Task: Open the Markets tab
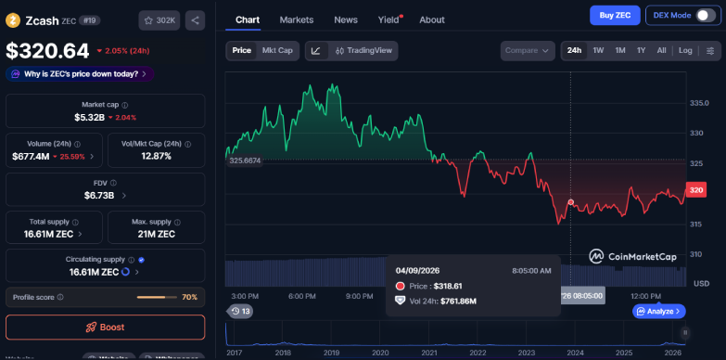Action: (x=296, y=19)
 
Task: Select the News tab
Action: (x=346, y=19)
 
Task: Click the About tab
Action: (x=431, y=19)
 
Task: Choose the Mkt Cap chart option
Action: (x=277, y=51)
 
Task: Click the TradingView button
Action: (x=365, y=51)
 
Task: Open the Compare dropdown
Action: (x=527, y=51)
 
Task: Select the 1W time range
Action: (x=598, y=51)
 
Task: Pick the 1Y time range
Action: (x=641, y=51)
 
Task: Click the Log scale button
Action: (x=685, y=51)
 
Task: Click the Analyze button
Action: (x=658, y=312)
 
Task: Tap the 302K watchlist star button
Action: (x=159, y=19)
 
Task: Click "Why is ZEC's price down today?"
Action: (x=77, y=73)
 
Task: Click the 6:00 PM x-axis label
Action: (x=302, y=296)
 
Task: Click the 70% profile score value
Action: (x=189, y=297)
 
